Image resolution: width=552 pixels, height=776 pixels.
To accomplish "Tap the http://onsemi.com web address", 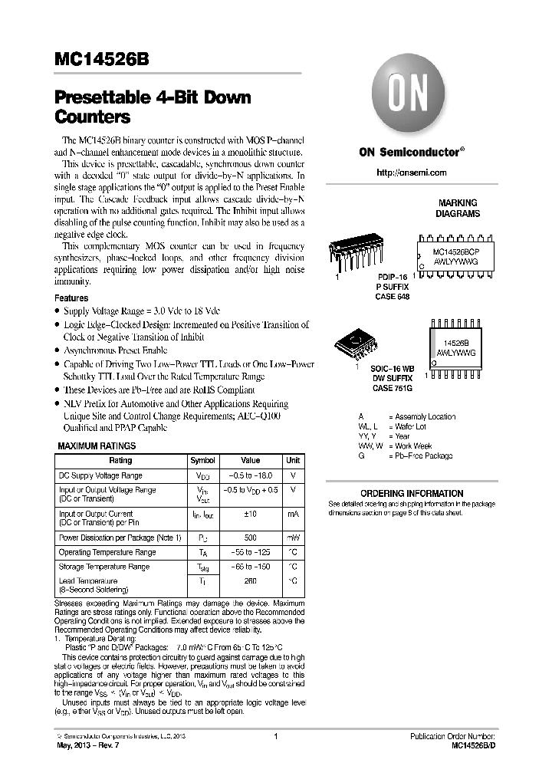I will coord(412,173).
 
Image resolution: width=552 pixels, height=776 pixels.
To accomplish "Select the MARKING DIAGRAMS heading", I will coord(458,208).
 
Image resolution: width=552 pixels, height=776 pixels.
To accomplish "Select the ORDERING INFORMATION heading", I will coord(412,493).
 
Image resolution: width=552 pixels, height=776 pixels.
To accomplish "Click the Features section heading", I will coord(71,298).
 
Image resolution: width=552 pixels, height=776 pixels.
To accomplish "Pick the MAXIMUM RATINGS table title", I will coord(97,446).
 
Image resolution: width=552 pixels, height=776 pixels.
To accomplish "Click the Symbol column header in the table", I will coord(202,461).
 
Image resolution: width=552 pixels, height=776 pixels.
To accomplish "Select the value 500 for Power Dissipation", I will coord(250,538).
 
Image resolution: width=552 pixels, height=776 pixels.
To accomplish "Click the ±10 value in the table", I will coord(250,514).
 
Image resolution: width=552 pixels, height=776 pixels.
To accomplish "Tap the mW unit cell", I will coord(293,538).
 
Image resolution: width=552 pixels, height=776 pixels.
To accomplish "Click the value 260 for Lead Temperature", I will coord(250,581).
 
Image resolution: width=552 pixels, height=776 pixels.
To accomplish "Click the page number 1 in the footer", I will coord(274,736).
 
